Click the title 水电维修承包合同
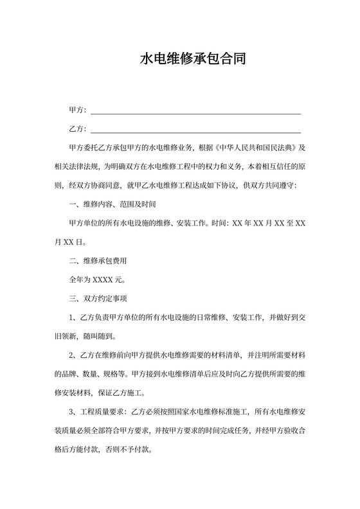tap(192, 60)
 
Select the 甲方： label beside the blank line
tap(77, 111)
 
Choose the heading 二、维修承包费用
tap(98, 261)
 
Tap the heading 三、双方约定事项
tap(98, 299)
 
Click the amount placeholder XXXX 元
tap(105, 280)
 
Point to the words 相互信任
tap(276, 167)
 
